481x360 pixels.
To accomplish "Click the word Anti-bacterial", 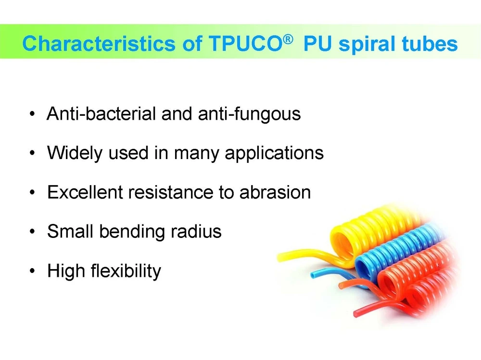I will click(101, 114).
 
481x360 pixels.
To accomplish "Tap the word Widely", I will click(74, 153).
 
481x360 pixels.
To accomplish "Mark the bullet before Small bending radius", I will click(32, 232).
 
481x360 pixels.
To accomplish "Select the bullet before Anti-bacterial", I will click(32, 114).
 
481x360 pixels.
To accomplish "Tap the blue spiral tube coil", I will click(399, 255).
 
